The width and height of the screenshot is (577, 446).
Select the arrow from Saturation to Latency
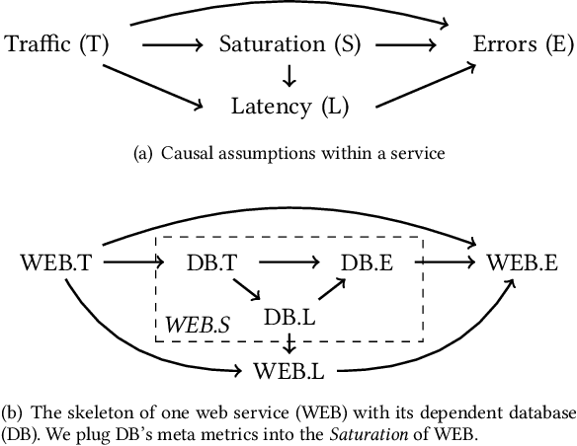point(288,74)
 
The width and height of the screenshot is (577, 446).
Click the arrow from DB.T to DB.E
point(287,262)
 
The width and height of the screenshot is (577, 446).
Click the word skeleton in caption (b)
point(85,409)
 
